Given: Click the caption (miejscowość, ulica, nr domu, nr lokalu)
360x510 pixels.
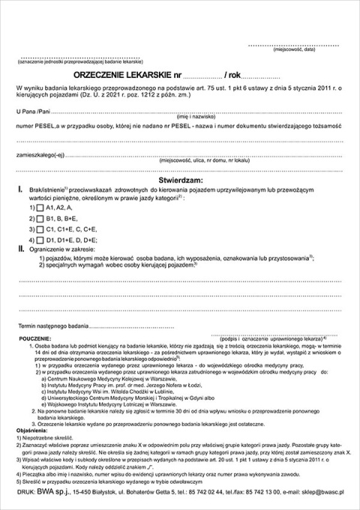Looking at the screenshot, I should pos(199,160).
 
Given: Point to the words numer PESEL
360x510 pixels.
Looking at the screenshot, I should pos(34,127).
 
